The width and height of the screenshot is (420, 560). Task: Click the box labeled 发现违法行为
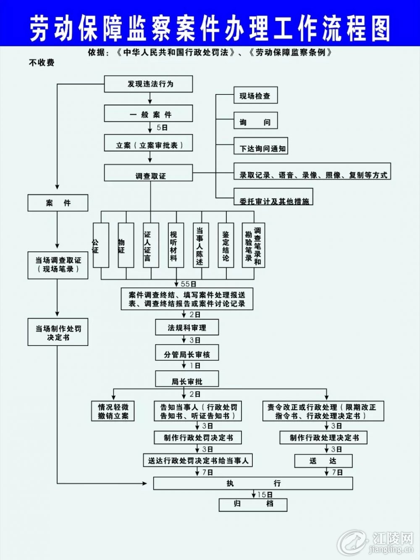[148, 84]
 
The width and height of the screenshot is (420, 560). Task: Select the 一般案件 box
[148, 113]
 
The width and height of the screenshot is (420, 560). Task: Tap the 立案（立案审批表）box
[148, 143]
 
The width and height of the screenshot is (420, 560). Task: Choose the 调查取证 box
[148, 173]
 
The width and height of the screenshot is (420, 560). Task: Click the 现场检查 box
[256, 95]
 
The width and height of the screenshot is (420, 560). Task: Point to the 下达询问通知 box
[261, 146]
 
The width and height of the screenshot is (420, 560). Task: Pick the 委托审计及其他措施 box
[273, 197]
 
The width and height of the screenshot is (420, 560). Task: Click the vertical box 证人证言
[151, 245]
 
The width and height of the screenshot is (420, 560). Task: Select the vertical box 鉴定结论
[226, 245]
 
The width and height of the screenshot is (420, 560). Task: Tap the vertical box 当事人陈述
[201, 245]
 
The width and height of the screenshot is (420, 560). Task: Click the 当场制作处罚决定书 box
[58, 332]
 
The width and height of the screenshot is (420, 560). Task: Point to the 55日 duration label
[188, 284]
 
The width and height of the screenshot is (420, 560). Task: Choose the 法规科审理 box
[187, 327]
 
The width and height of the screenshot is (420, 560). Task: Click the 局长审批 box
[187, 379]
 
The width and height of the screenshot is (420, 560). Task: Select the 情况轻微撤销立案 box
[113, 411]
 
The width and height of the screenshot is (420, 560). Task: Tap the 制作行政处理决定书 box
[323, 437]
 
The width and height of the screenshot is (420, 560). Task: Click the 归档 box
[253, 505]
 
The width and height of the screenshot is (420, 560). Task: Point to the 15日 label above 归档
[265, 495]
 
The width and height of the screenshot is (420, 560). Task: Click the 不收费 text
[42, 63]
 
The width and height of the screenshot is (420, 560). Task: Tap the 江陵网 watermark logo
[375, 542]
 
